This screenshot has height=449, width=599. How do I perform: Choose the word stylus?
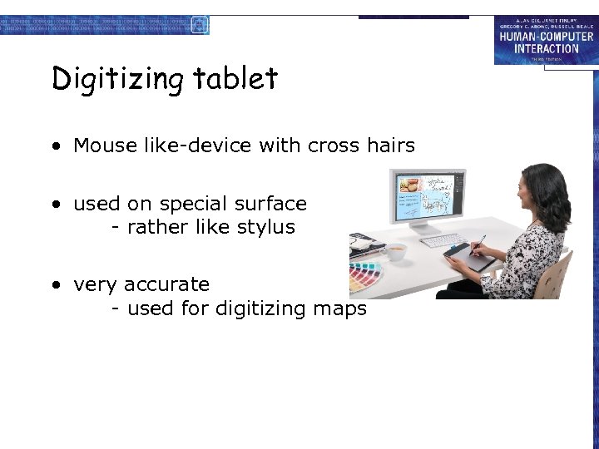click(x=267, y=227)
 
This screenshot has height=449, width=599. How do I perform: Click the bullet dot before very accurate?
click(x=55, y=285)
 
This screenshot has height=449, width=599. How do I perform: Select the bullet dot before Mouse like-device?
click(x=55, y=146)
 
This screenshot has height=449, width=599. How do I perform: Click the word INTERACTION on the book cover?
click(x=546, y=48)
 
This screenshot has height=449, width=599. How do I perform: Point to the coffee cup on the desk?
click(x=397, y=250)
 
